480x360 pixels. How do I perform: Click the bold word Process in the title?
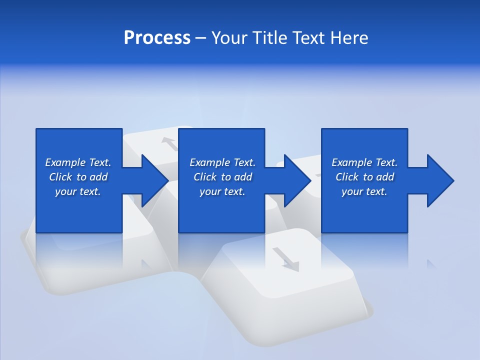157,38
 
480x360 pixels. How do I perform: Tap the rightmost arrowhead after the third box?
439,180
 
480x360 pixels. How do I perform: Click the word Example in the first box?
65,162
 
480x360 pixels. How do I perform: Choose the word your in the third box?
352,191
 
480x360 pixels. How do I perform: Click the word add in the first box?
99,177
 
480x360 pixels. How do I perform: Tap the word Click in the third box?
347,177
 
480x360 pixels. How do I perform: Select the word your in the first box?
65,191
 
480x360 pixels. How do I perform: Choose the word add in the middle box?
243,177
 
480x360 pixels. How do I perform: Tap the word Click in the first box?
60,177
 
